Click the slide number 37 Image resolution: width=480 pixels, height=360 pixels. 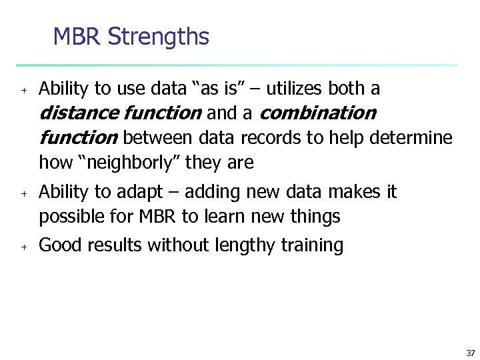[x=470, y=353]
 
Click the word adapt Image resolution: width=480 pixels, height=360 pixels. [x=138, y=192]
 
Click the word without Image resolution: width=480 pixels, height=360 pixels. [x=180, y=245]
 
